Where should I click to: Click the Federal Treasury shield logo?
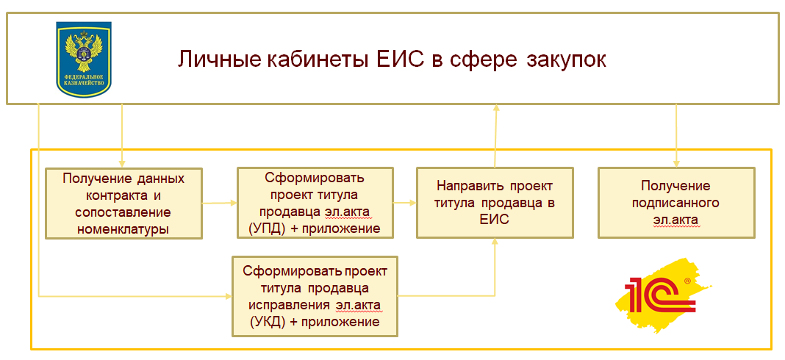(x=83, y=59)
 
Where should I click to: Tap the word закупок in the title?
(x=566, y=59)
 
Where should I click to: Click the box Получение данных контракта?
(x=123, y=203)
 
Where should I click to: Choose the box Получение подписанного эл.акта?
(x=675, y=203)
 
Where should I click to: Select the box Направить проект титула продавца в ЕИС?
(x=494, y=203)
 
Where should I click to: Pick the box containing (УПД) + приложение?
(x=314, y=203)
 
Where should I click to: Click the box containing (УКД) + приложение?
(x=314, y=295)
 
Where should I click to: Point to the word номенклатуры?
(x=123, y=228)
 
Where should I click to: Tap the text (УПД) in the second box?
(x=259, y=228)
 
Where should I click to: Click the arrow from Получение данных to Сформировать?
(x=219, y=203)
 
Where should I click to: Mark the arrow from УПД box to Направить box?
(x=404, y=202)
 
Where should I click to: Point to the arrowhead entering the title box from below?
(x=496, y=108)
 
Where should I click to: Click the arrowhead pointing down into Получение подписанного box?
(x=675, y=162)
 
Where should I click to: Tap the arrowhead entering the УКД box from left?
(x=227, y=296)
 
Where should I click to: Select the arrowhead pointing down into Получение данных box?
(x=122, y=162)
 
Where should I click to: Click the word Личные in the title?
(x=210, y=59)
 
